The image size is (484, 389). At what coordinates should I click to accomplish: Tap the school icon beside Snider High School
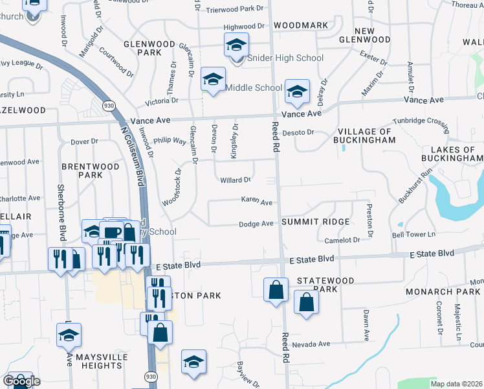(237, 45)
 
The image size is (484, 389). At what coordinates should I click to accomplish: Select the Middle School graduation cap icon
(213, 80)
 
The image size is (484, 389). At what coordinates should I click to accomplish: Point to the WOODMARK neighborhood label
(301, 26)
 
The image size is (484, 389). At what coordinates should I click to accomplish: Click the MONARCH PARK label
(443, 293)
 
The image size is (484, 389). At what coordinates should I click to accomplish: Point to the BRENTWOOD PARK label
(91, 171)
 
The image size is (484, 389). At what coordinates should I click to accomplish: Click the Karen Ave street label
(257, 202)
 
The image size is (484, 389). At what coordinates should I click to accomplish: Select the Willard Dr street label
(236, 180)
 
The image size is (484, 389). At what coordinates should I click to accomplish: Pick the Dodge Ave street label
(256, 224)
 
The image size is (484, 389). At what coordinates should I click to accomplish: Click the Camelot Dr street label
(342, 240)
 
